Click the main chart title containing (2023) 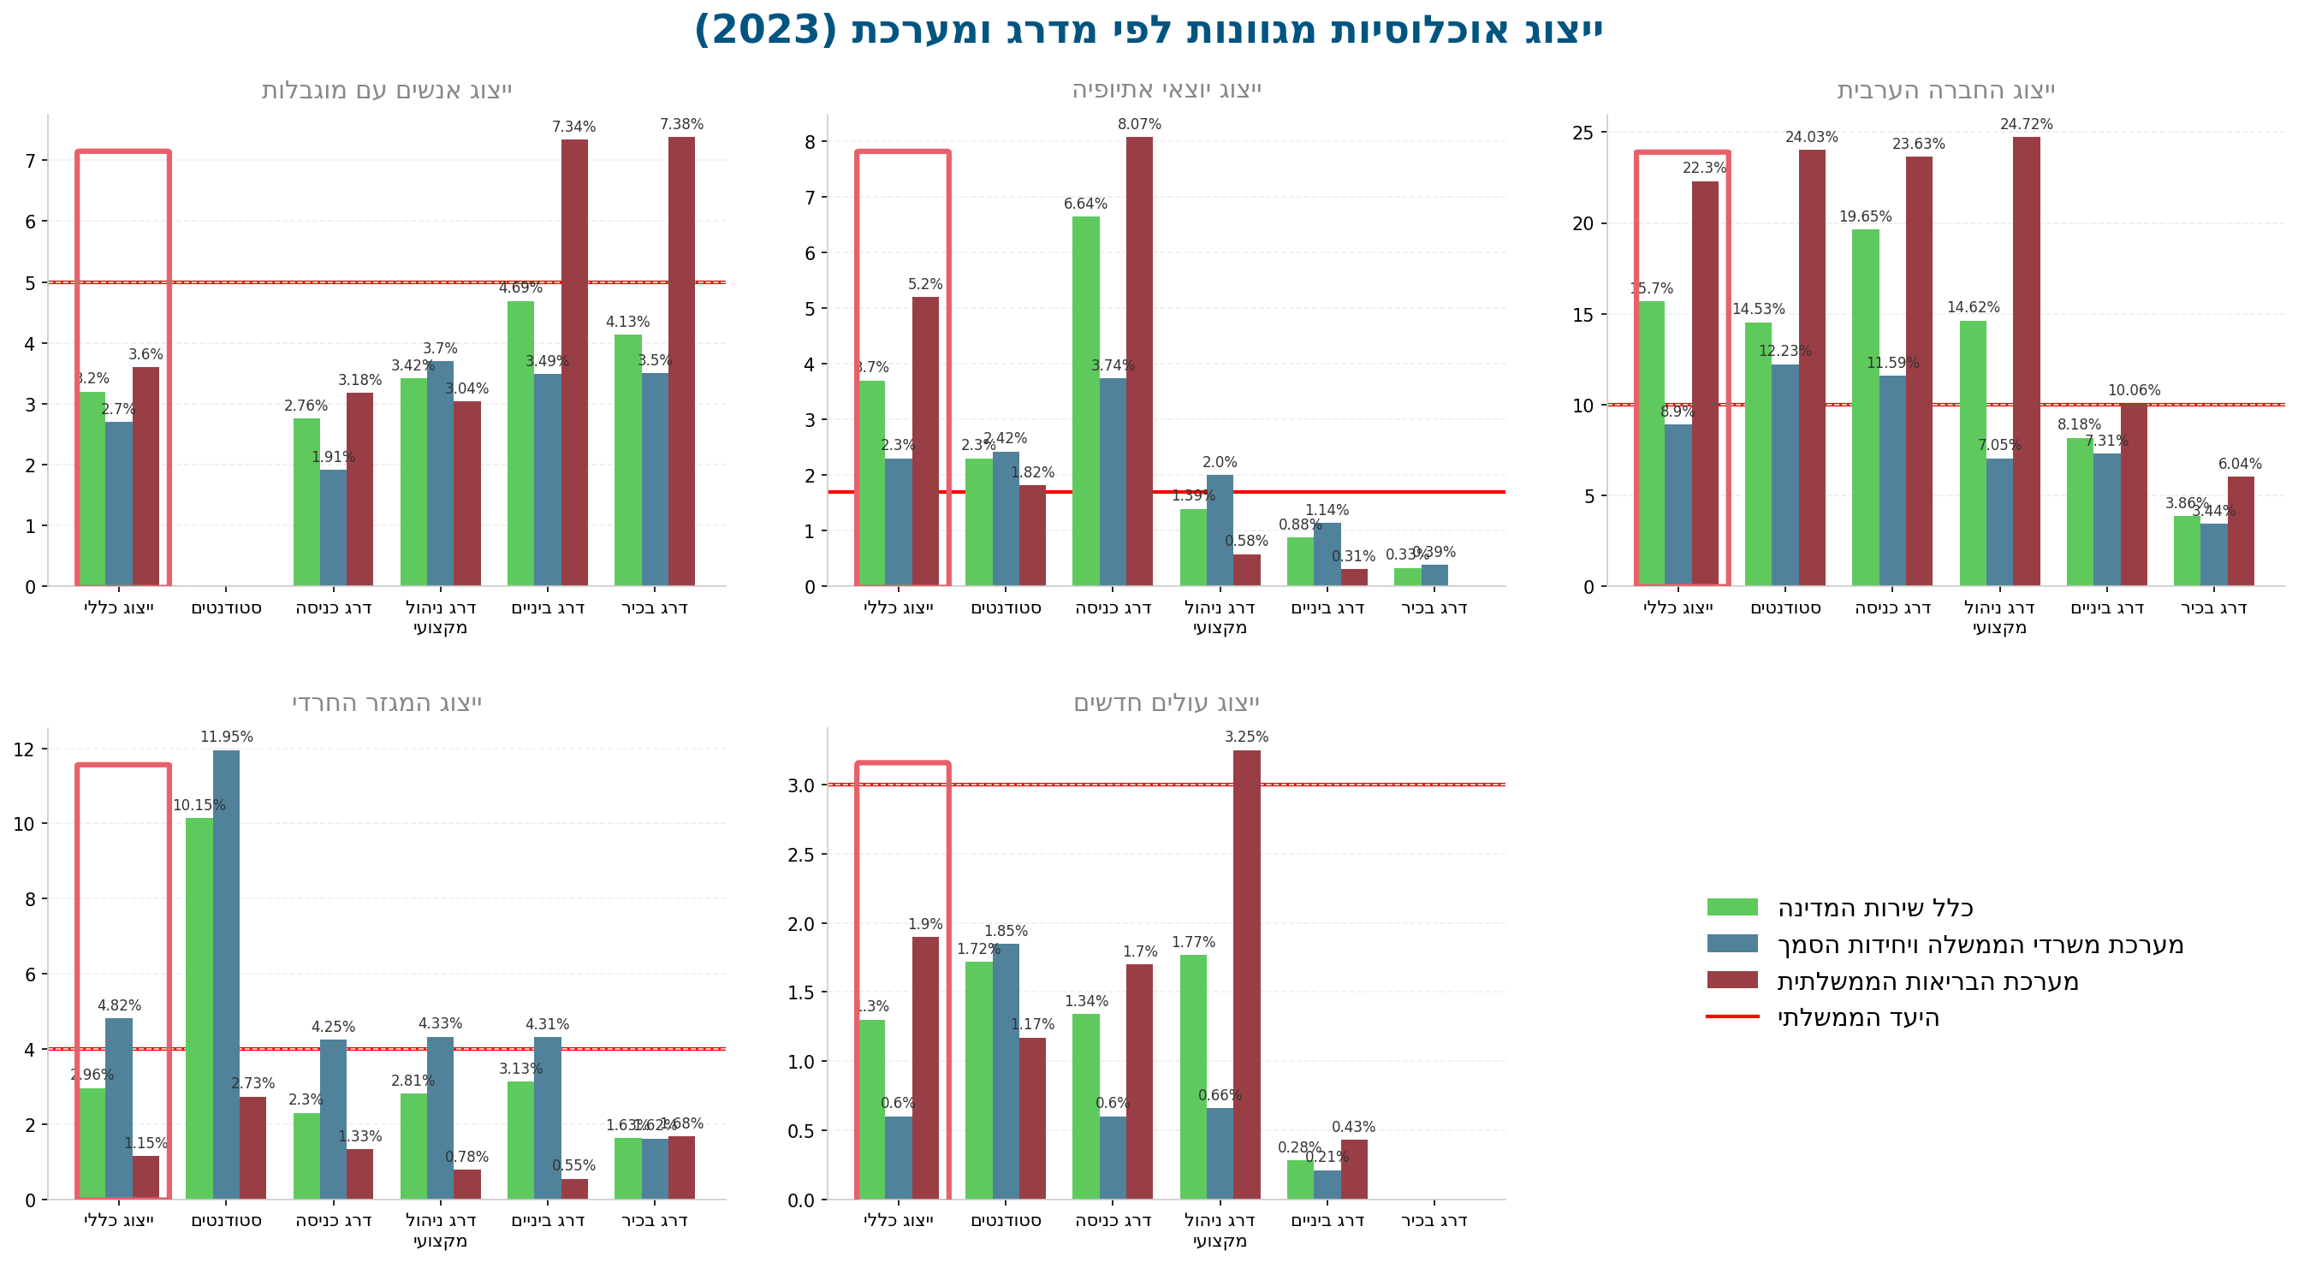tap(1148, 29)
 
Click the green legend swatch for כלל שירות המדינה tap(1732, 907)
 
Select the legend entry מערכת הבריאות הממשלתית tap(1927, 981)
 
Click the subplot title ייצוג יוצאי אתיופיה tap(1166, 90)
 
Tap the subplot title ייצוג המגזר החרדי tap(386, 702)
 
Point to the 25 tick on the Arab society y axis tap(1582, 133)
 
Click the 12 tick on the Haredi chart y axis tap(24, 749)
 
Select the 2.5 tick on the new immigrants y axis tap(801, 855)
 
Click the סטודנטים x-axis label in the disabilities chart tap(226, 608)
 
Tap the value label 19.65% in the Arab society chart tap(1864, 216)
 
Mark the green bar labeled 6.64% tap(1085, 401)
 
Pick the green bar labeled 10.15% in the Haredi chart tap(199, 1008)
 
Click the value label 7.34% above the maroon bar tap(573, 127)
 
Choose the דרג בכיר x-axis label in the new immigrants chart tap(1434, 1220)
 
